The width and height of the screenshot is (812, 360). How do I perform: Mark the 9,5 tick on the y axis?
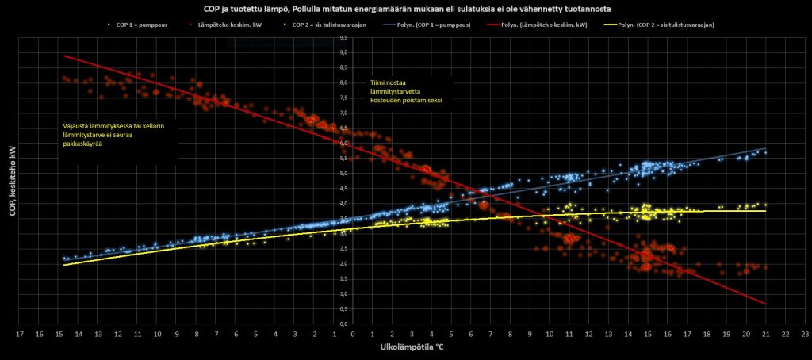pos(343,37)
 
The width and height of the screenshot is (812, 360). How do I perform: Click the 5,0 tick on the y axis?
pos(343,173)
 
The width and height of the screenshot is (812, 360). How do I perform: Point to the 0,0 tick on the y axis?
pos(343,324)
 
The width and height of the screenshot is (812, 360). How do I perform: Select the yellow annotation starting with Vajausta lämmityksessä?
pos(120,136)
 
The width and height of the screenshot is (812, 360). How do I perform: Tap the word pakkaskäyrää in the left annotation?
pos(85,145)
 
